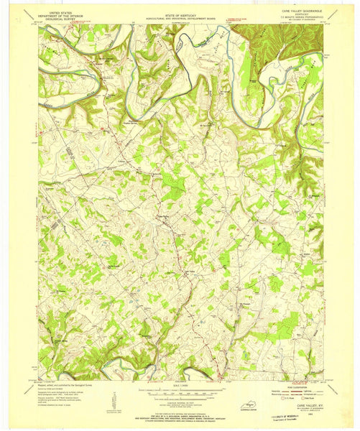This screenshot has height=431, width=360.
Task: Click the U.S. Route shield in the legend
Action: [x=279, y=400]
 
